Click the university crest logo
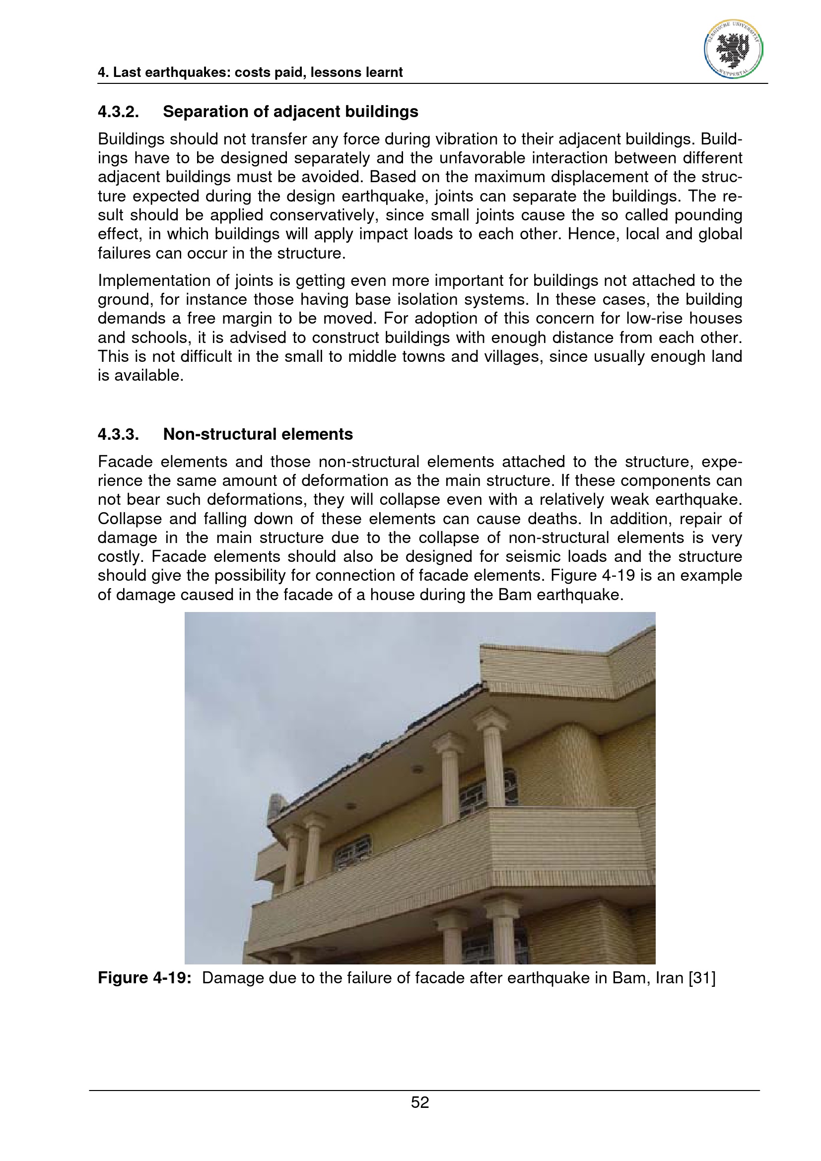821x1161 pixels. point(734,50)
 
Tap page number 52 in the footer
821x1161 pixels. point(419,1102)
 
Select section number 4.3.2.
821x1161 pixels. point(118,112)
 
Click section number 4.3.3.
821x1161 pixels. point(118,434)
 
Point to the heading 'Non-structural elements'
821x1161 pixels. point(258,434)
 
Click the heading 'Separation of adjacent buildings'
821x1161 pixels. point(290,112)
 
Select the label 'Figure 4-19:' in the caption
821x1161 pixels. point(144,977)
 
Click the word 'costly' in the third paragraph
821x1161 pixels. point(120,557)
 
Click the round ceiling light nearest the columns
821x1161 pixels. point(417,770)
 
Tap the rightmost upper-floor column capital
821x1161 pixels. point(490,718)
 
